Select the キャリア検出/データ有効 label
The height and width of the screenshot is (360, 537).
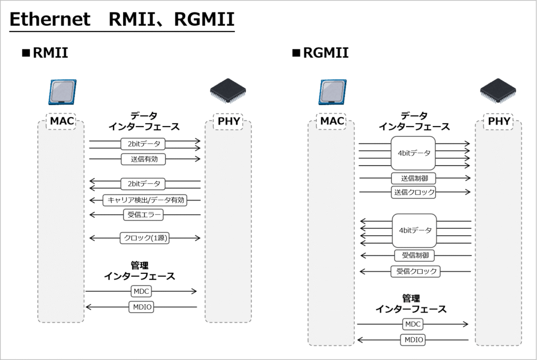click(145, 199)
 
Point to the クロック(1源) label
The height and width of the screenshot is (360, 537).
click(144, 238)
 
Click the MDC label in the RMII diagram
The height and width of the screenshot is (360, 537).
click(141, 291)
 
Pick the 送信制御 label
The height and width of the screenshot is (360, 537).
click(414, 178)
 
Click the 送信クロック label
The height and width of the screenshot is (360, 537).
click(414, 192)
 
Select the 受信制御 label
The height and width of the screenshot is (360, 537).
click(414, 255)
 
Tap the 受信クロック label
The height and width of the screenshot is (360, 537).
click(415, 271)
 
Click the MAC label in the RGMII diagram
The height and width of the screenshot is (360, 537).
click(332, 121)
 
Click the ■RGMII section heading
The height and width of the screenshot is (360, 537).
click(320, 53)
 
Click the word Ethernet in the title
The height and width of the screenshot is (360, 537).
click(50, 19)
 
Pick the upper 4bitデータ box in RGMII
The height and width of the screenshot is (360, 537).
click(414, 153)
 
